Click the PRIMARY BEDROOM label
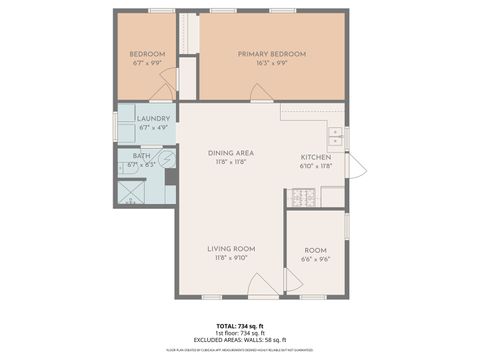[271, 54]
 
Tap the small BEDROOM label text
[147, 54]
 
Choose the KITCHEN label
[317, 157]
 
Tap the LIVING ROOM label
[231, 248]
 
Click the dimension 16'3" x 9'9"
[271, 63]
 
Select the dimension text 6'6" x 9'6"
[315, 258]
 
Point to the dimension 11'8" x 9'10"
[231, 257]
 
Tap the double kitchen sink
[337, 136]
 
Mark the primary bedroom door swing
[260, 95]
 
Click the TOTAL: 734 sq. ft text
[239, 326]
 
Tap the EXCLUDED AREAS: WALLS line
[239, 340]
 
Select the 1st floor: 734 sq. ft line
[239, 333]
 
